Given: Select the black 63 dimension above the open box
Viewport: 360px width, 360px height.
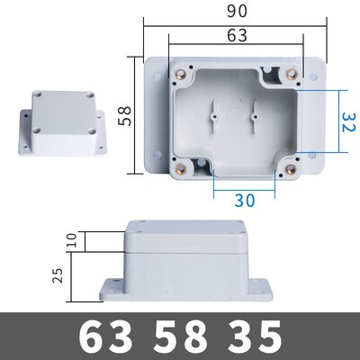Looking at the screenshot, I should click(x=236, y=38).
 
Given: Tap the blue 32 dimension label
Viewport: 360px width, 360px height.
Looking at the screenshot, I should click(x=346, y=116).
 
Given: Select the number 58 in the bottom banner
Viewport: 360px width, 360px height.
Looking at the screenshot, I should click(x=179, y=337).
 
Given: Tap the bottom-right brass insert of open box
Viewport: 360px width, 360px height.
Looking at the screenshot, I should click(x=290, y=166).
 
